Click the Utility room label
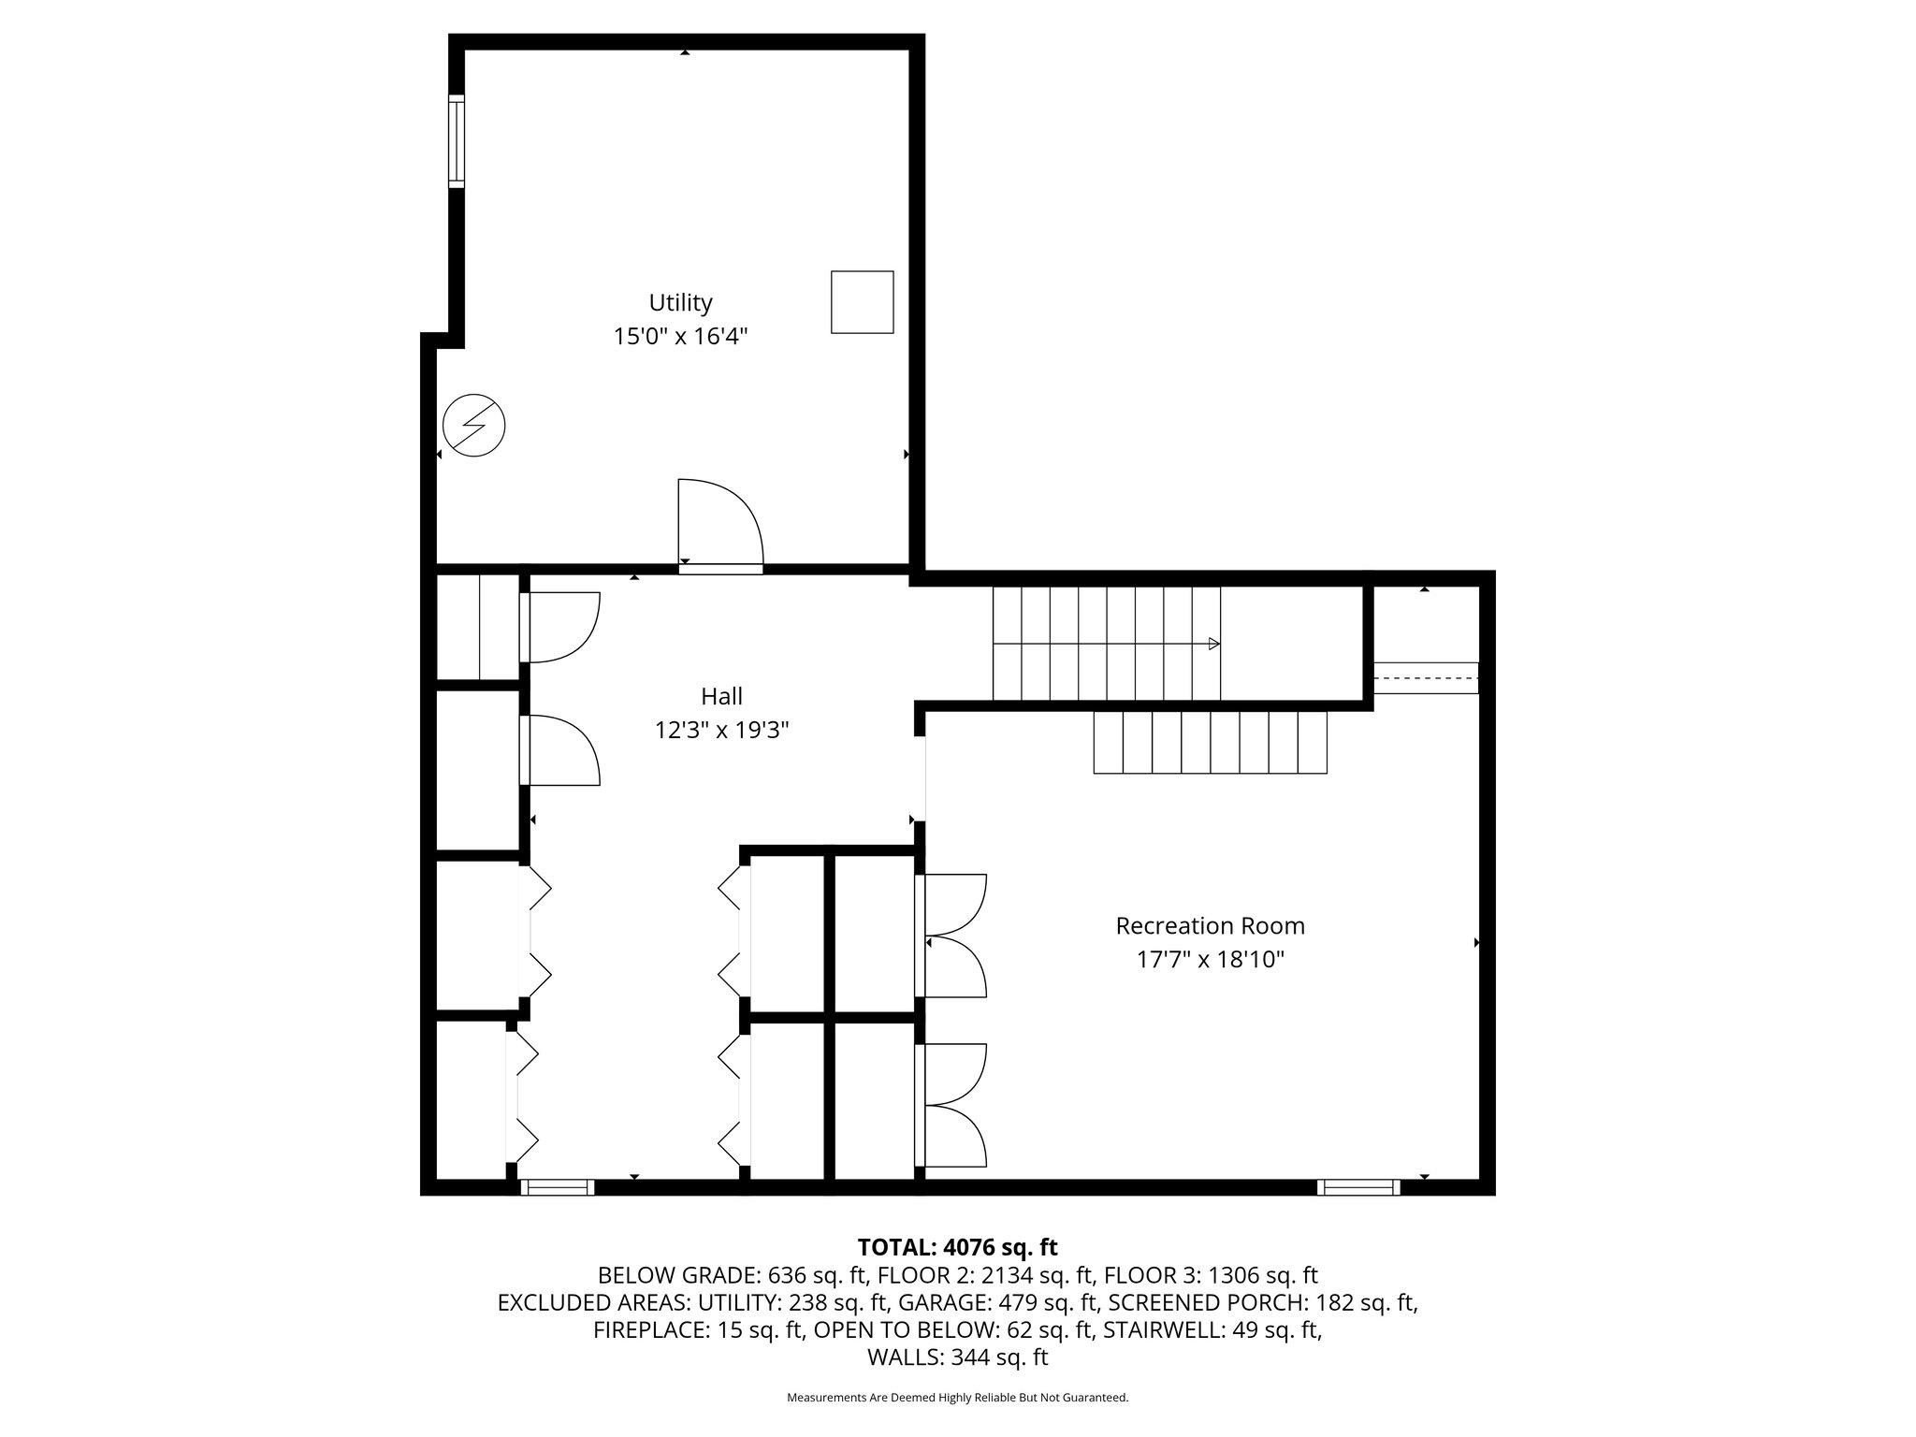[x=681, y=302]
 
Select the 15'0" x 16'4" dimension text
[x=681, y=336]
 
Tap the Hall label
[x=722, y=696]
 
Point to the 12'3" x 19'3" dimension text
[x=722, y=730]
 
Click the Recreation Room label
[x=1211, y=925]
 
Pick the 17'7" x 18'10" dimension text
[x=1211, y=960]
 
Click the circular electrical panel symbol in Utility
[x=474, y=426]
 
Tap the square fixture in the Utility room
[x=863, y=302]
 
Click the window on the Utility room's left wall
[x=457, y=140]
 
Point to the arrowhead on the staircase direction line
[x=1214, y=644]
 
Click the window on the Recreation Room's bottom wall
[x=1359, y=1187]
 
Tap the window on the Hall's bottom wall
[x=557, y=1187]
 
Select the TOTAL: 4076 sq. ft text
[x=958, y=1247]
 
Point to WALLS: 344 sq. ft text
[x=958, y=1357]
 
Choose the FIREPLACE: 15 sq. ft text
[x=700, y=1330]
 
